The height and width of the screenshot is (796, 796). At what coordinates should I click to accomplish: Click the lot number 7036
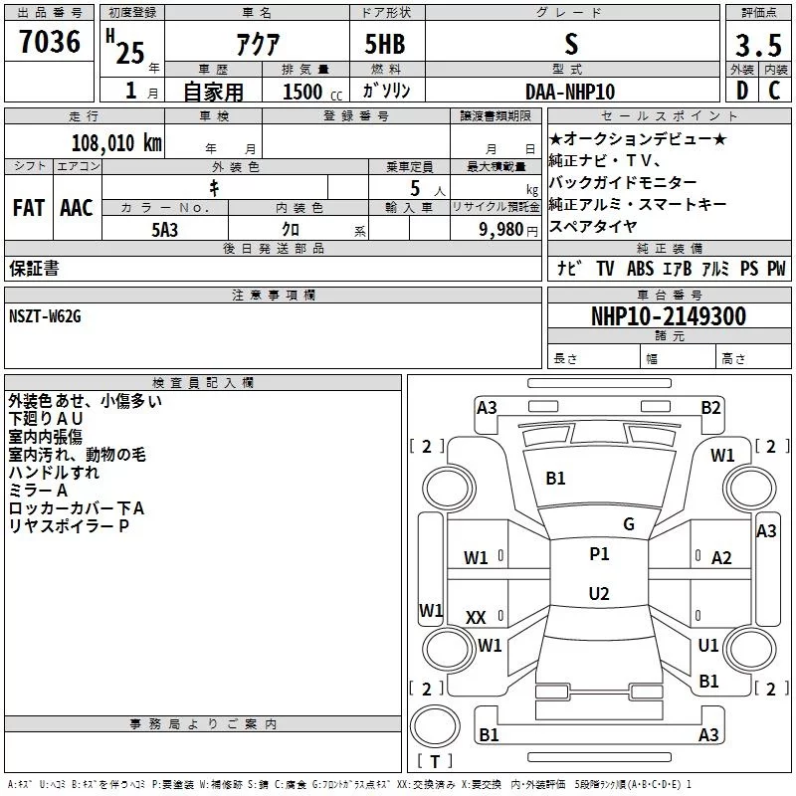click(50, 44)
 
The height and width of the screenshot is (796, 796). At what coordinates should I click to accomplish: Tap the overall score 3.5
click(757, 45)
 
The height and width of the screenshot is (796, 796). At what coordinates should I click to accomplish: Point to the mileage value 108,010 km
click(116, 142)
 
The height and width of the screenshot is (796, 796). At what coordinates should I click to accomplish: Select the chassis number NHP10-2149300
click(668, 316)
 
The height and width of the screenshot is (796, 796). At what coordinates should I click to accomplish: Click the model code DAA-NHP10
click(570, 92)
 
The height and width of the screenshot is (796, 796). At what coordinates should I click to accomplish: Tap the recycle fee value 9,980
click(500, 228)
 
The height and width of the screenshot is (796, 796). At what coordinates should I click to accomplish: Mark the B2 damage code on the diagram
click(710, 407)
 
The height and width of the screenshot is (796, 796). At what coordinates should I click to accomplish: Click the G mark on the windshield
click(628, 524)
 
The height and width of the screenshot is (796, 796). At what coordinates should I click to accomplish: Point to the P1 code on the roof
click(599, 554)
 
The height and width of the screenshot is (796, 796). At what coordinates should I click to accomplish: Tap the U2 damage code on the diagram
click(599, 594)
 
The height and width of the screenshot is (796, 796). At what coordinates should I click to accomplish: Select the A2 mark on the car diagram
click(721, 558)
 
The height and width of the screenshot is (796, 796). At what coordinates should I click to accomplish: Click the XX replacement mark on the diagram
click(476, 618)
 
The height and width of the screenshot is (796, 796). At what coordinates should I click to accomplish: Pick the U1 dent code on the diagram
click(708, 646)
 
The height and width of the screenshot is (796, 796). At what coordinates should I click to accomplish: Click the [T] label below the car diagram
click(434, 761)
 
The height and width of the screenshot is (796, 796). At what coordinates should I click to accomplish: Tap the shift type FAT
click(28, 208)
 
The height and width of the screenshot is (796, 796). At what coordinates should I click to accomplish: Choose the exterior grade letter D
click(741, 92)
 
